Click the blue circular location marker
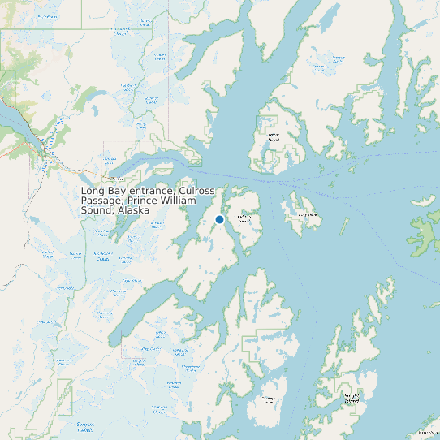pos(219,219)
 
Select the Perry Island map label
pos(307,214)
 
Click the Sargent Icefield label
pos(84,426)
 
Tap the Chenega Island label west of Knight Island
pos(266,399)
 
